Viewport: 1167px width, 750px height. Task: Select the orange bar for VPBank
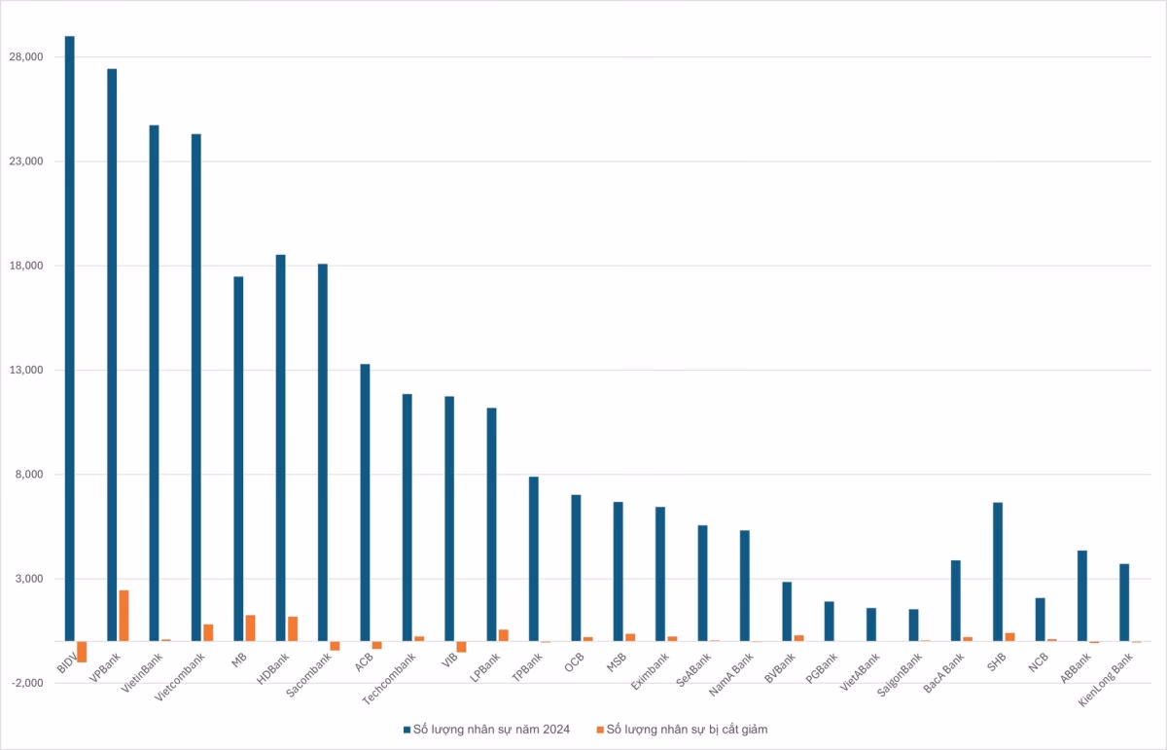point(124,616)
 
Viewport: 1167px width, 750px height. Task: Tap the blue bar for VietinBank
point(154,383)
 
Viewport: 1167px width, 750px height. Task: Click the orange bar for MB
point(250,628)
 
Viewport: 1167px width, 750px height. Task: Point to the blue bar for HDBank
point(280,447)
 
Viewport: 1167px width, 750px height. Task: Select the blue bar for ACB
point(365,502)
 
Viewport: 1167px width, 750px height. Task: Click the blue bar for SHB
point(998,572)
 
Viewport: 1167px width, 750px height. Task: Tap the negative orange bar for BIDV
point(82,652)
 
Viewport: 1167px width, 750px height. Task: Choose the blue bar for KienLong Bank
point(1124,602)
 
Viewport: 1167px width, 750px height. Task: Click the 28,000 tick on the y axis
point(26,57)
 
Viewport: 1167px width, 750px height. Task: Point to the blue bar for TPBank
point(533,559)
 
